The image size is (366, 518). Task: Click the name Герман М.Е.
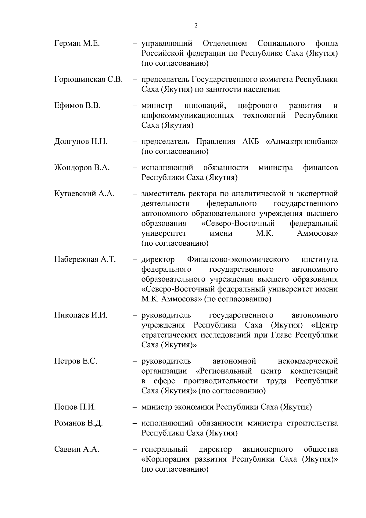77,44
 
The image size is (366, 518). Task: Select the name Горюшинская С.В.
88,80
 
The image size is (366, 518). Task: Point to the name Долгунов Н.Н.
81,142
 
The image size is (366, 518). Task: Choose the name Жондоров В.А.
82,168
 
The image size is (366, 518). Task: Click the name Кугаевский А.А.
84,194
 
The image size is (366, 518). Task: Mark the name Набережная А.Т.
85,260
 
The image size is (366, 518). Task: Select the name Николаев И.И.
81,315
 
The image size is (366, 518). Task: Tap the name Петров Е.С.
76,361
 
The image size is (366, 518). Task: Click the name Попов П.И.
75,407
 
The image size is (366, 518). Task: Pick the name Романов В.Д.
78,424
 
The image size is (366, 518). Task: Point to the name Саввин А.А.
77,450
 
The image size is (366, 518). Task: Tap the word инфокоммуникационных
188,116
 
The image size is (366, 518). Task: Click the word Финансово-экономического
238,260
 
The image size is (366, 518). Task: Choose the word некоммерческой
308,361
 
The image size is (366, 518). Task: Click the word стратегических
168,335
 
